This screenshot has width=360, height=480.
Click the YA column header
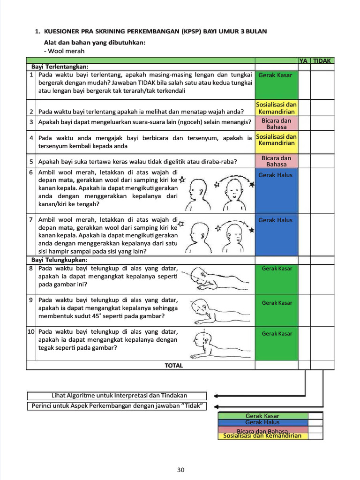tap(304, 60)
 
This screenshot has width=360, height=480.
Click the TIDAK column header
tap(322, 60)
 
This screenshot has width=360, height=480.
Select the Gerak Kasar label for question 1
tap(275, 75)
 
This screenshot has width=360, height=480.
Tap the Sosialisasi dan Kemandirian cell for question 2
tap(276, 108)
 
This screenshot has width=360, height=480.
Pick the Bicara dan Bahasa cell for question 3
tap(276, 124)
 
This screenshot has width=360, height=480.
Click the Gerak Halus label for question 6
tap(275, 175)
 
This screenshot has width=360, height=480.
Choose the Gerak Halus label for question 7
tap(275, 220)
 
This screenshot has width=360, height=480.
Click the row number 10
tap(31, 331)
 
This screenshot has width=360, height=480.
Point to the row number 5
tap(31, 162)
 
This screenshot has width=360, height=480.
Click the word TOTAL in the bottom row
tap(173, 365)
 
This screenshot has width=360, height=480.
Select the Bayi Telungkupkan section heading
tap(60, 260)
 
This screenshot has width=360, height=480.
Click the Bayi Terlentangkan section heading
tap(60, 67)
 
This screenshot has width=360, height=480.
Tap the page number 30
tap(181, 470)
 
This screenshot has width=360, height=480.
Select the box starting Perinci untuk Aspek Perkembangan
tap(117, 406)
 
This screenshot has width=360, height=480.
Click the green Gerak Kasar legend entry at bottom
tap(262, 416)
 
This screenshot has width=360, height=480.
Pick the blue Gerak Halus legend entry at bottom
tap(262, 422)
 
